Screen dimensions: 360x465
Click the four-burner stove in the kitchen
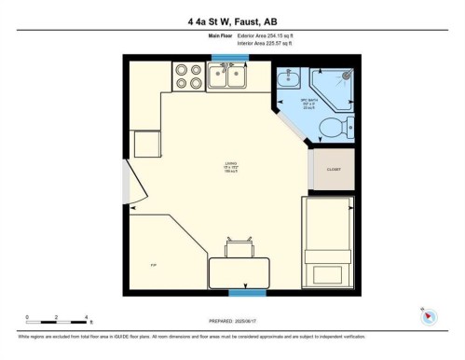(187, 76)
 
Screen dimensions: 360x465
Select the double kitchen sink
(226, 77)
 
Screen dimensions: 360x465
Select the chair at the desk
(239, 247)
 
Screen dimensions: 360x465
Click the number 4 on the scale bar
(87, 317)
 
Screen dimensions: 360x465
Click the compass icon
(430, 316)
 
